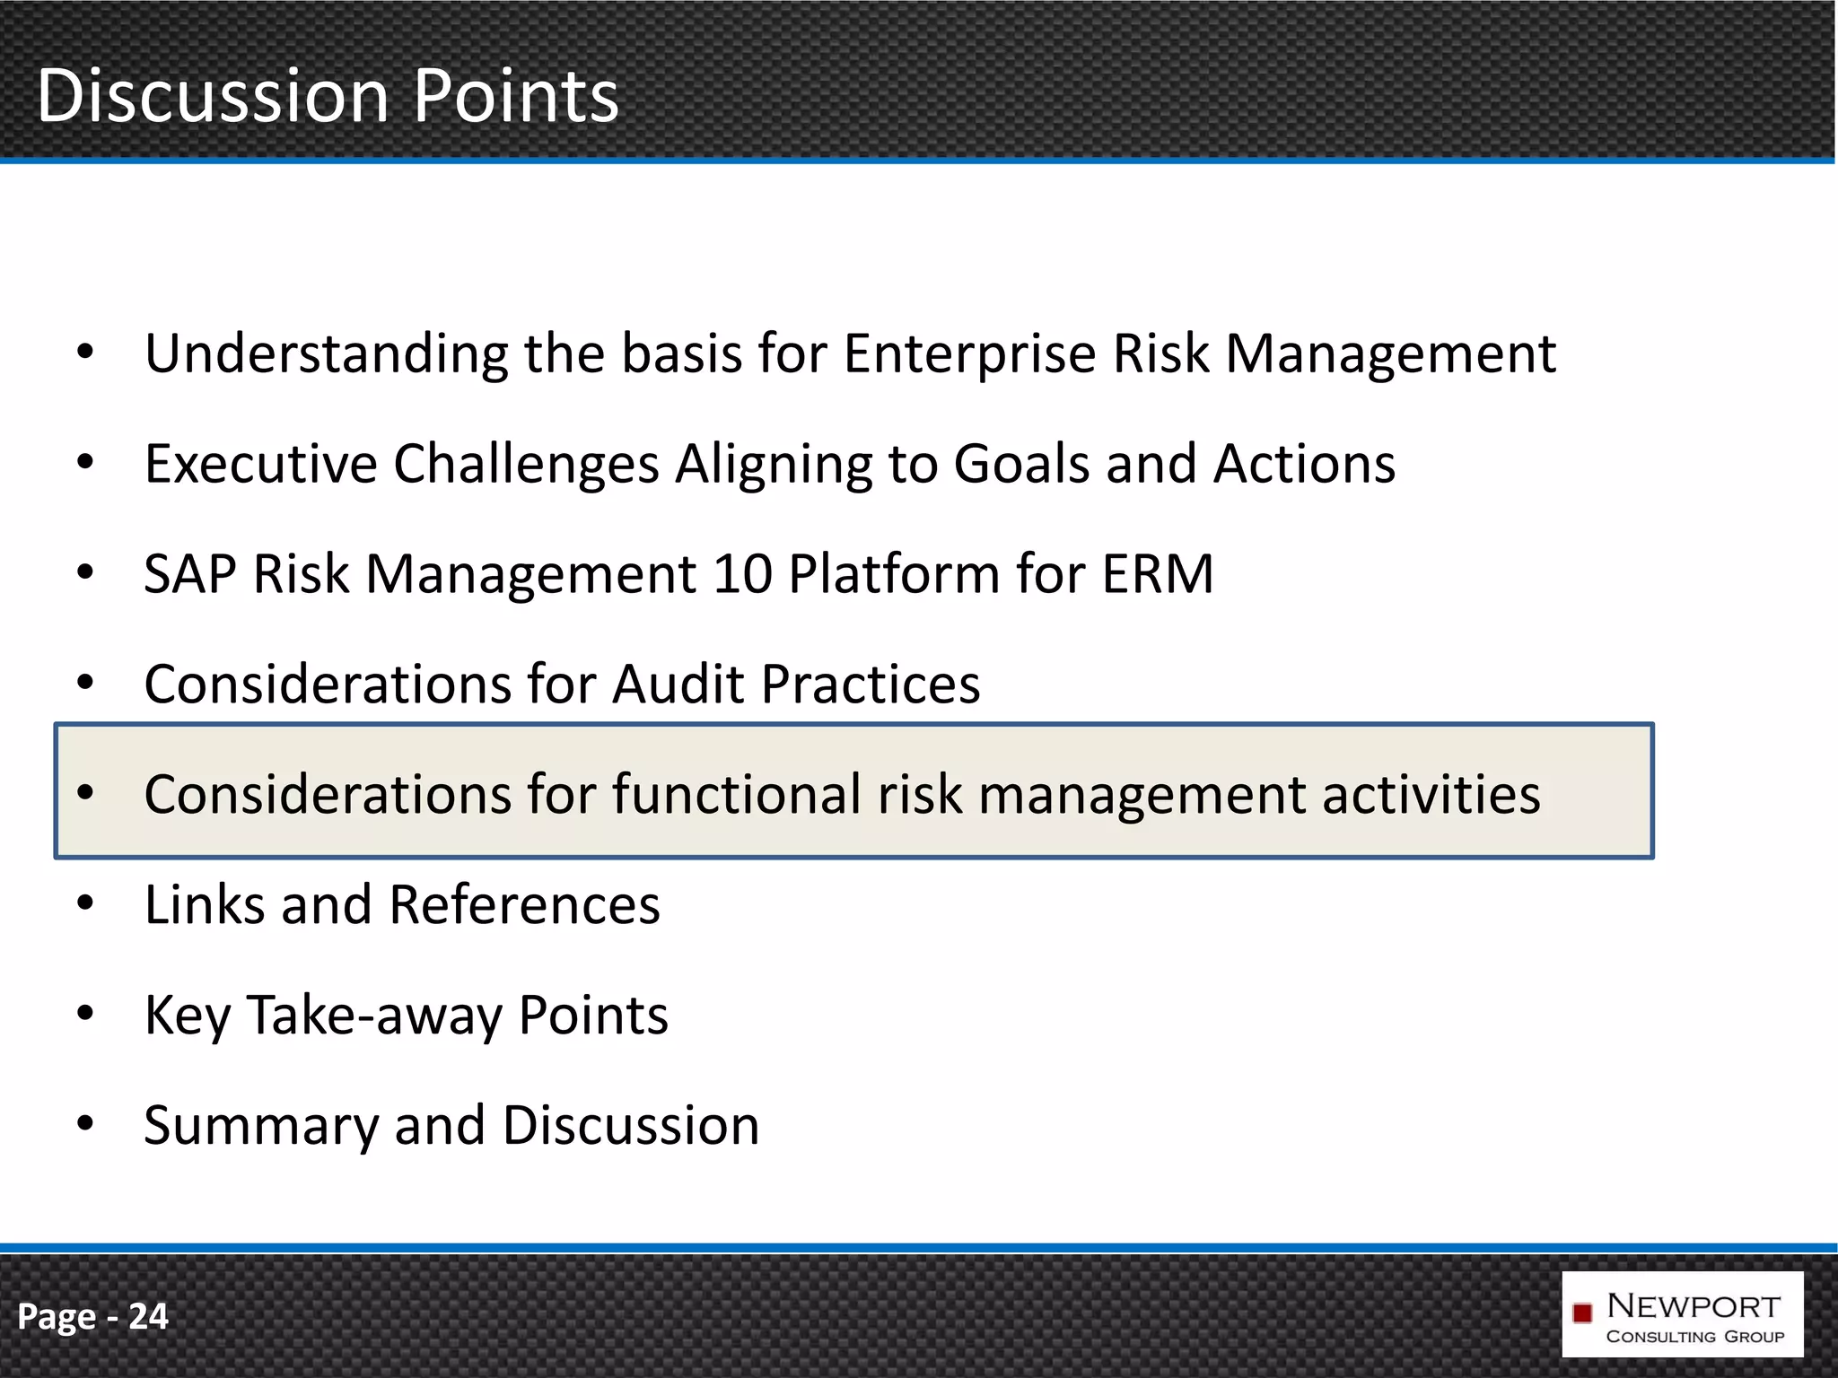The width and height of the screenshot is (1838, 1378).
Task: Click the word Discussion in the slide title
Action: [x=213, y=96]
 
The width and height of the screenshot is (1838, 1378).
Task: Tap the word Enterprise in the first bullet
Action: [x=969, y=353]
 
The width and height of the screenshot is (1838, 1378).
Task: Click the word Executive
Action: [x=261, y=464]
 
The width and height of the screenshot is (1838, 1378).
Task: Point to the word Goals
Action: [x=1021, y=464]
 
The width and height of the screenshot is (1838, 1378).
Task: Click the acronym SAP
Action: [x=189, y=574]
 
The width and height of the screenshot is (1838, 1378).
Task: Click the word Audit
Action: [x=678, y=685]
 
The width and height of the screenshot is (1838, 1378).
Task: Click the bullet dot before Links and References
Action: [x=85, y=903]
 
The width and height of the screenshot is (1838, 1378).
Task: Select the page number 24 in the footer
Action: [x=148, y=1316]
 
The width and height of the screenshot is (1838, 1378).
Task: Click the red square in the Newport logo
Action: [x=1582, y=1313]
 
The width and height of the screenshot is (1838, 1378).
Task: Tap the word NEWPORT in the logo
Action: [x=1694, y=1306]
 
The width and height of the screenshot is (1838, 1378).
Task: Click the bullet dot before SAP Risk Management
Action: [x=85, y=572]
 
